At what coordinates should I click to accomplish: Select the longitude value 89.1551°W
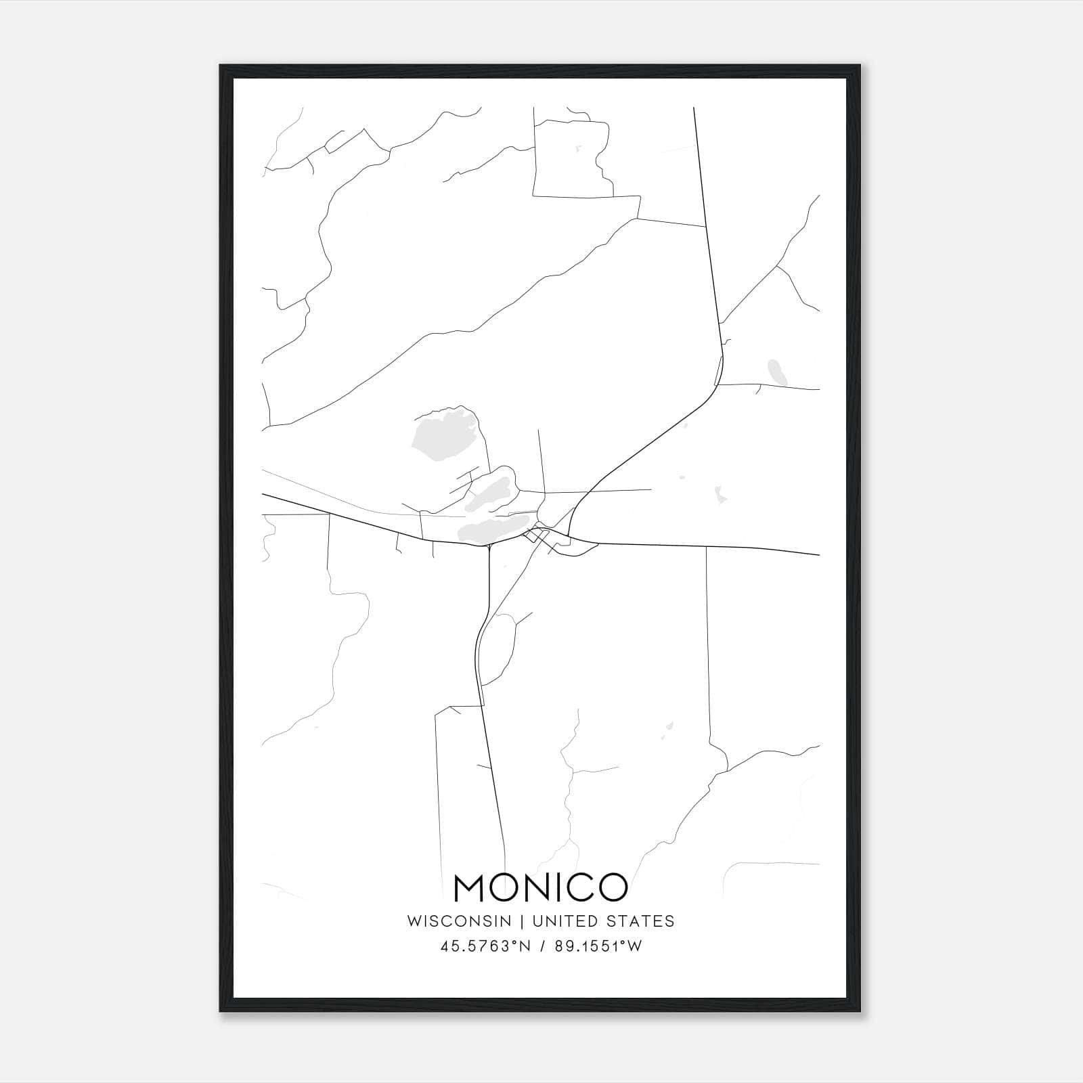[x=598, y=947]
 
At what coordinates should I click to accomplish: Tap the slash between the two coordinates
[x=541, y=947]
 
